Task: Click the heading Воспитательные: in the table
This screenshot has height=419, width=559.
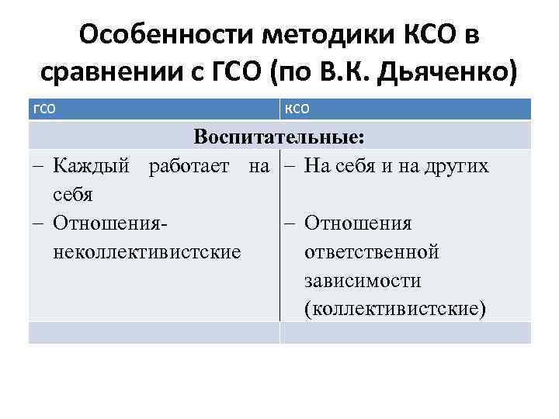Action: click(279, 137)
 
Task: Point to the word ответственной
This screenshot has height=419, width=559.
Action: click(372, 252)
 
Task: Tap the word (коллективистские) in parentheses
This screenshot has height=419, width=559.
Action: click(396, 309)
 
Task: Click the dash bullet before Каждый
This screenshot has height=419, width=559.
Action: click(38, 165)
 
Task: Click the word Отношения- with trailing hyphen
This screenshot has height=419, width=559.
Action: click(112, 223)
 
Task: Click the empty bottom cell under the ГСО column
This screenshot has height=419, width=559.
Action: click(154, 332)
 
